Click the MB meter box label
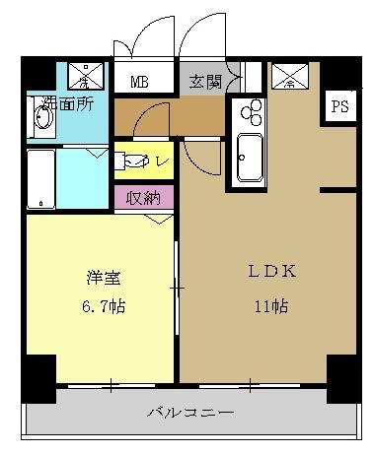click(x=142, y=82)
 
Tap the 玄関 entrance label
click(x=206, y=81)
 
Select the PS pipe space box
click(x=340, y=106)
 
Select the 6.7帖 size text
click(x=101, y=306)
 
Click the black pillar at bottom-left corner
click(x=38, y=376)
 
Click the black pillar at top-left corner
click(x=37, y=73)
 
